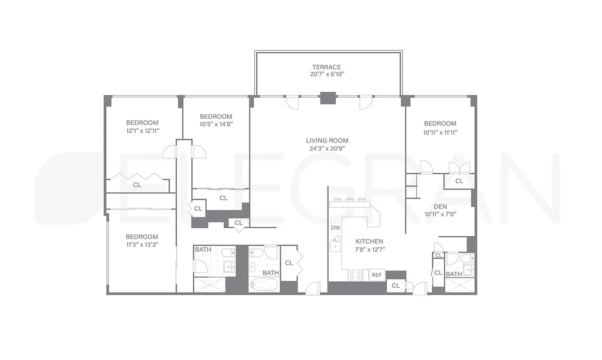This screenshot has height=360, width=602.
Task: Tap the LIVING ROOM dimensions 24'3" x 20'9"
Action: pyautogui.click(x=327, y=148)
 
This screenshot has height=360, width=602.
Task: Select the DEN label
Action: pyautogui.click(x=440, y=207)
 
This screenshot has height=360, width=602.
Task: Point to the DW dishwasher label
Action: pyautogui.click(x=335, y=228)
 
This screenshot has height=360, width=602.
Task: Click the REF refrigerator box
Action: pyautogui.click(x=376, y=275)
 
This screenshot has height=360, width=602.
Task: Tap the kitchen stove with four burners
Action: pyautogui.click(x=355, y=274)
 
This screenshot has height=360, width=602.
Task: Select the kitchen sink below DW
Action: pyautogui.click(x=335, y=244)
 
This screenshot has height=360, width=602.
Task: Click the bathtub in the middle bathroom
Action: pyautogui.click(x=263, y=285)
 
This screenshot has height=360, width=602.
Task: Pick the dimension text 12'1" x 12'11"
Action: pyautogui.click(x=142, y=131)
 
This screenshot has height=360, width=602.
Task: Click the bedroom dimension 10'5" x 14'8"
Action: pyautogui.click(x=216, y=124)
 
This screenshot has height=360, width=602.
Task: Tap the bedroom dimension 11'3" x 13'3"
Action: pyautogui.click(x=142, y=245)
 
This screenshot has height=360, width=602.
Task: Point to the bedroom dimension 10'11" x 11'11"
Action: pyautogui.click(x=440, y=132)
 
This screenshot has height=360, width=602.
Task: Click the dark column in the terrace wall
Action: pyautogui.click(x=327, y=98)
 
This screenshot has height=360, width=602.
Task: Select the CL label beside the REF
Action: pyautogui.click(x=396, y=285)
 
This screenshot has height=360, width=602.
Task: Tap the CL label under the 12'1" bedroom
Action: pyautogui.click(x=137, y=184)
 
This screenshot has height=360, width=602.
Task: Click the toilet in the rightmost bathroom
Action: pyautogui.click(x=467, y=258)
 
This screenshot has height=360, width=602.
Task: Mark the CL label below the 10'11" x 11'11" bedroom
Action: pyautogui.click(x=459, y=181)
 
